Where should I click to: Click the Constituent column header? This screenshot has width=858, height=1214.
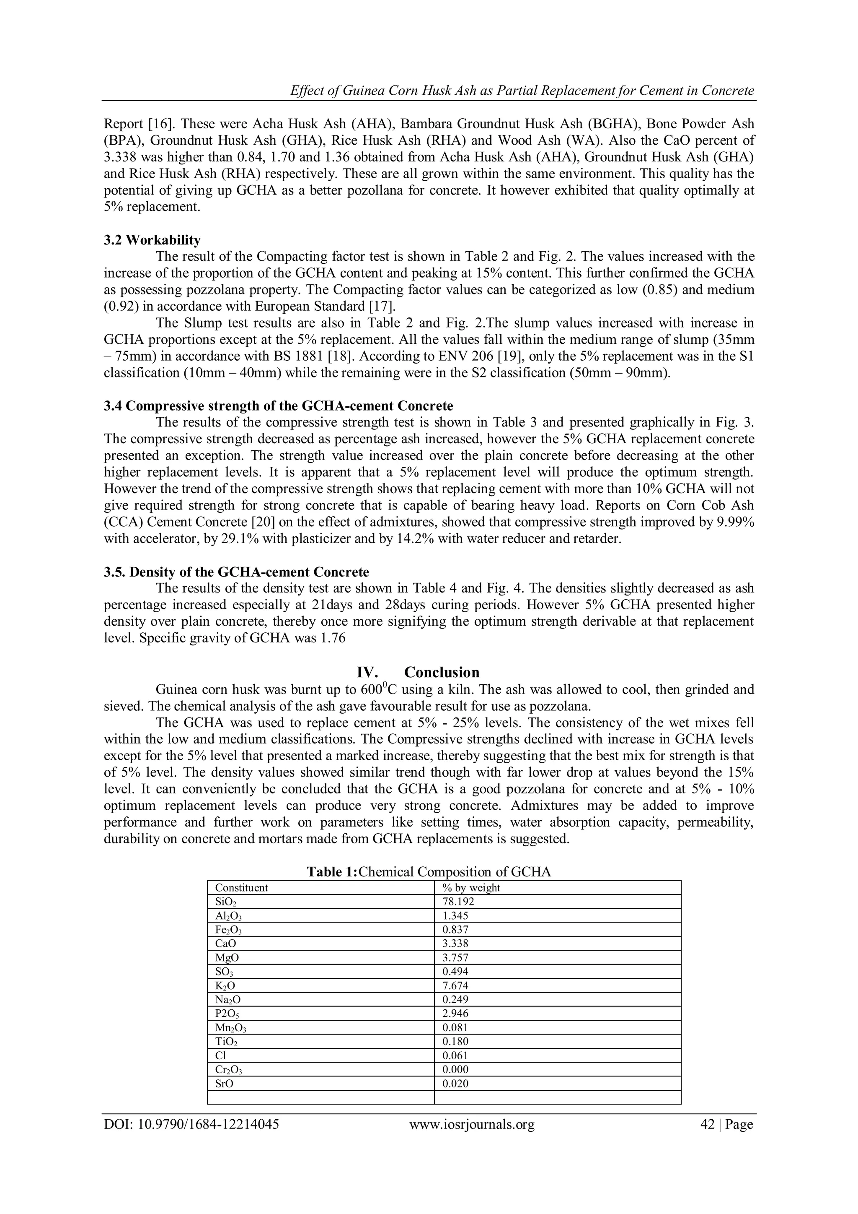(x=241, y=888)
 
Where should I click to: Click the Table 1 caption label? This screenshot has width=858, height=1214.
(x=332, y=872)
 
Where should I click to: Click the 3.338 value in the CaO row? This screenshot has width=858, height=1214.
(x=455, y=943)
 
